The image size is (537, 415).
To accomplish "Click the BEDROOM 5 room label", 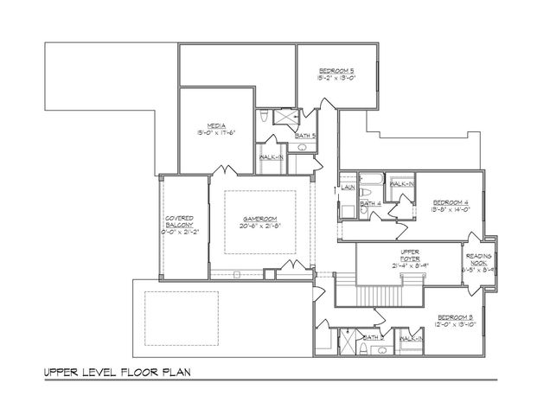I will tap(335, 70).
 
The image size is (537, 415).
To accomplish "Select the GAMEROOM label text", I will tap(259, 220).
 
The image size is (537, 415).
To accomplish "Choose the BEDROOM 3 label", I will tap(455, 317).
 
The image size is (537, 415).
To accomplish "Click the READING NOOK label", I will tap(479, 259).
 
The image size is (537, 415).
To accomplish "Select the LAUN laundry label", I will tap(348, 186).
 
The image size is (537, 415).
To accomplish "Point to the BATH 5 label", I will tap(305, 136).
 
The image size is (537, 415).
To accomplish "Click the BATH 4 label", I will tap(370, 203).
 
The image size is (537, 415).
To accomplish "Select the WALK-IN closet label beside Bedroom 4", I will tap(401, 184).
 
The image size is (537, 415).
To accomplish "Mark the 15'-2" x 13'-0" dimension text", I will tap(335, 78).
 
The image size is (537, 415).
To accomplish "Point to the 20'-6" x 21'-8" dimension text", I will tap(259, 227).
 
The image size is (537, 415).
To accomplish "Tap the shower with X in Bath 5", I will tap(284, 118).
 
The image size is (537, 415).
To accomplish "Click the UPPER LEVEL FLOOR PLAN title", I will tap(118, 373).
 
